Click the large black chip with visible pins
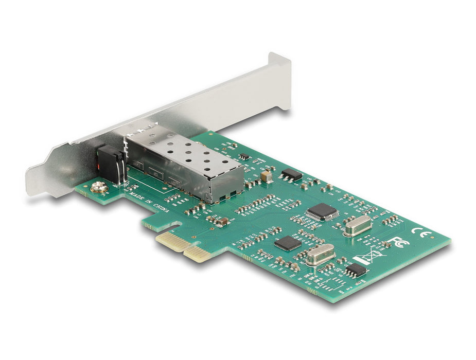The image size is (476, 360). [x=322, y=211]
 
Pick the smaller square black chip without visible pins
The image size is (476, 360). [x=287, y=243]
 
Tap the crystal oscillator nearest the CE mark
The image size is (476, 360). [x=357, y=225]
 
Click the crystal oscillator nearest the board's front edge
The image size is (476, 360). [x=320, y=254]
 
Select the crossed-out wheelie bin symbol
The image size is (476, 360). [x=369, y=257]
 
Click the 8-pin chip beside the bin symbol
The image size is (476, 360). [x=356, y=270]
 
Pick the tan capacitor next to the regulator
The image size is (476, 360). [x=267, y=176]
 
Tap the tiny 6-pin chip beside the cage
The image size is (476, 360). [x=244, y=156]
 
